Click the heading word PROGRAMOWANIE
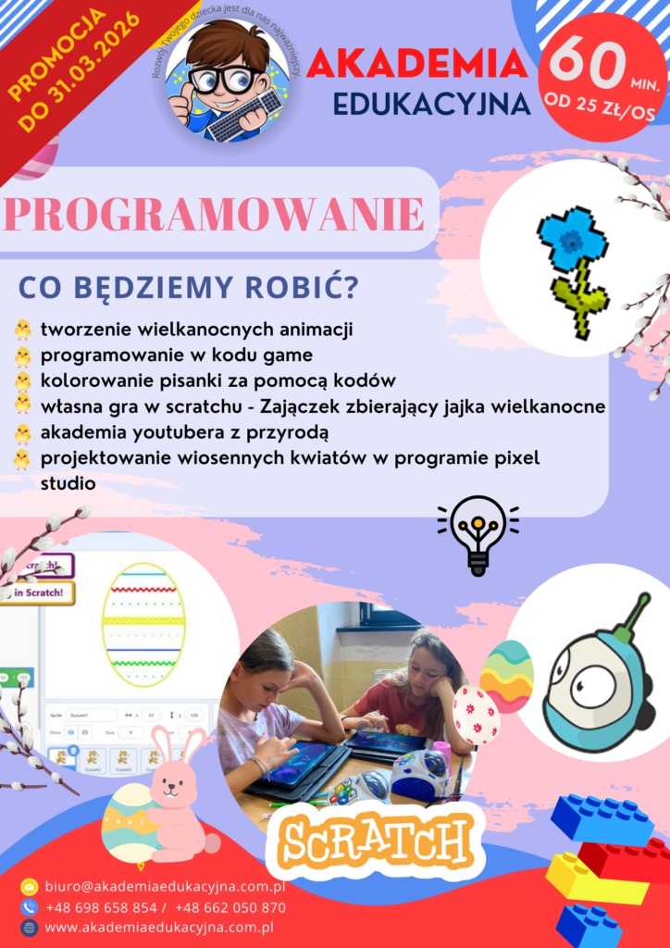pos(214,214)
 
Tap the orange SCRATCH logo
pos(376,842)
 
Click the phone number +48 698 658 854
pos(100,907)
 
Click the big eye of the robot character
pos(592,687)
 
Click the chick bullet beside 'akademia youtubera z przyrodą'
pos(22,432)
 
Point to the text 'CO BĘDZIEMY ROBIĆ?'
pos(188,288)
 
